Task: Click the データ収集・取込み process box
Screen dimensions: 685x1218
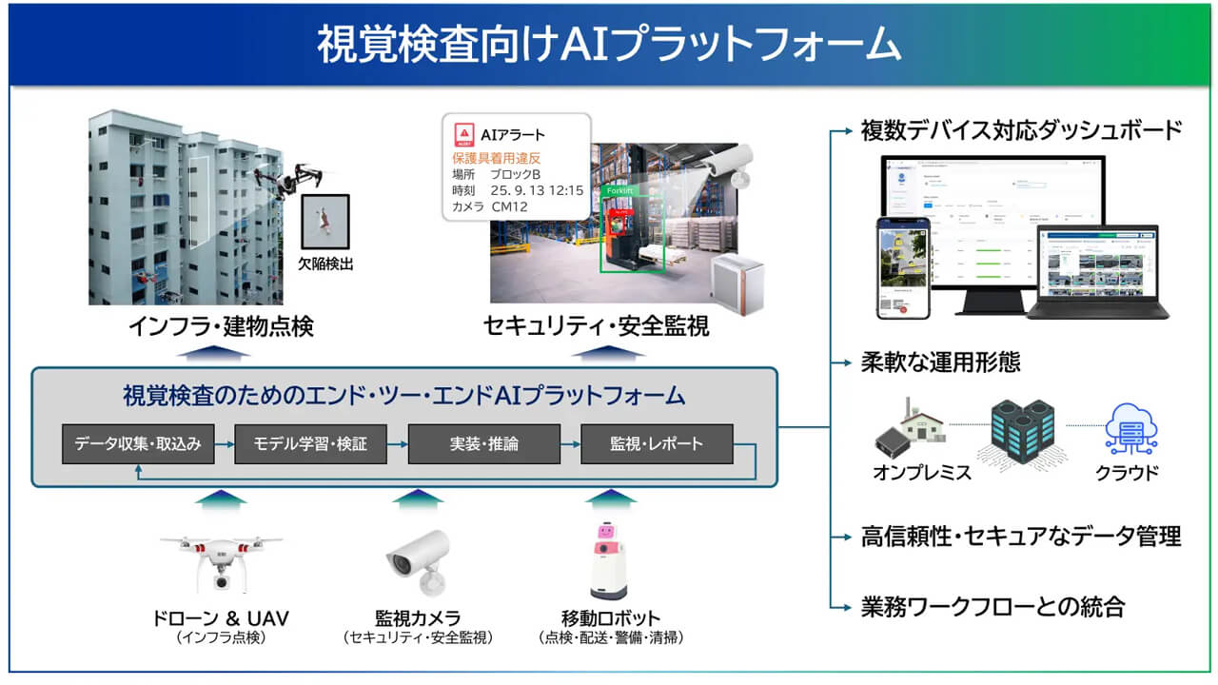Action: [x=138, y=444]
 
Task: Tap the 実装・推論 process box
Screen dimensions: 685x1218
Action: [x=484, y=444]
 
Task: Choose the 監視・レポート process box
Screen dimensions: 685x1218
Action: [x=657, y=444]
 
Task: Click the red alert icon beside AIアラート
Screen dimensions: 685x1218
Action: [x=463, y=134]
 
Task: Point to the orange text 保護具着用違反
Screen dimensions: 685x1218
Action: [x=496, y=157]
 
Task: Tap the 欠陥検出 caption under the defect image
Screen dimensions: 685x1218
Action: [x=325, y=264]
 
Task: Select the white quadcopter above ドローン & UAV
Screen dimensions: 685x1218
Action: [x=221, y=561]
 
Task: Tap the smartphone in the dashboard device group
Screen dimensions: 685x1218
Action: [x=901, y=267]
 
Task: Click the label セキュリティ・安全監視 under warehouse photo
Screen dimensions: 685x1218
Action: [x=597, y=327]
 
